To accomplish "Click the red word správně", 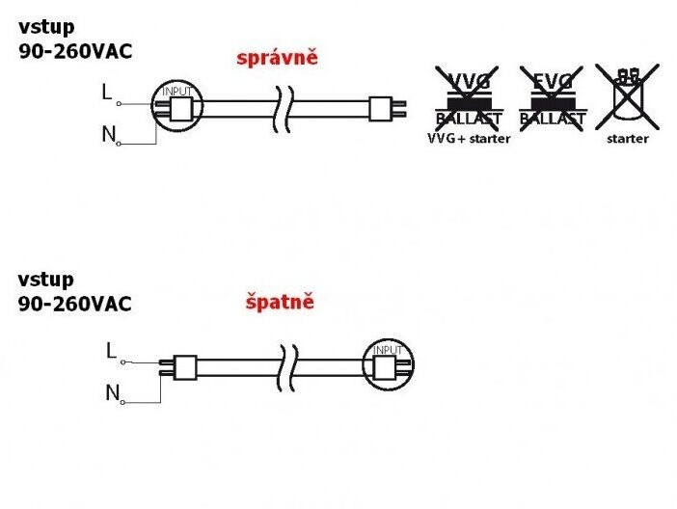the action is pos(277,58).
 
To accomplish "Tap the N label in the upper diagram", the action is pos(108,135).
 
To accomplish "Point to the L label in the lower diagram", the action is pos(111,352).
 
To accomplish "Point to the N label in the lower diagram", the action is pos(112,393).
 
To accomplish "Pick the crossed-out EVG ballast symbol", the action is pos(552,96).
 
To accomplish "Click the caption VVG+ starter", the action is pos(468,139).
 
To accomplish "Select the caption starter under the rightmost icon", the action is pos(627,139).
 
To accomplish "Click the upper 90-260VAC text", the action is pos(75,52).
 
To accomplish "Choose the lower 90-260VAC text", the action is pos(75,304).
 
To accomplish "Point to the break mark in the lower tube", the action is pos(286,365).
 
